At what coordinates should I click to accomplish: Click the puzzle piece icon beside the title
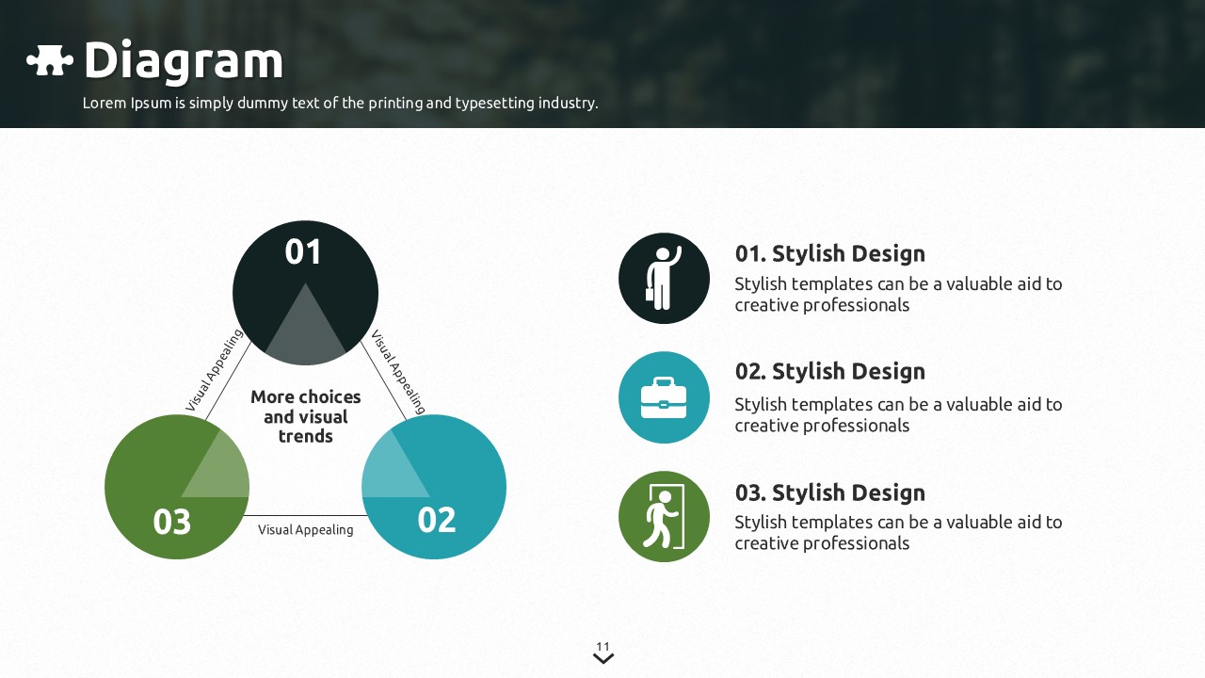tap(50, 61)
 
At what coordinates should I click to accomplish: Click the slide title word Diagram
tap(184, 61)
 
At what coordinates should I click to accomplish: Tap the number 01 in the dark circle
tap(303, 252)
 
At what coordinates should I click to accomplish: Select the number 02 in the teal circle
tap(436, 520)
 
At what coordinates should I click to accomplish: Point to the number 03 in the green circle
tap(171, 522)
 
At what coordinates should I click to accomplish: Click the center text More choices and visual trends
tap(305, 416)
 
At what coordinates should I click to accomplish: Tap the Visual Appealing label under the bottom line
tap(305, 530)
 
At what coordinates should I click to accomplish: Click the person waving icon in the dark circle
tap(664, 279)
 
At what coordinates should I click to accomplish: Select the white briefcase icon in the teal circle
tap(664, 397)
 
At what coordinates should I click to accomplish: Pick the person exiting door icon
tap(664, 517)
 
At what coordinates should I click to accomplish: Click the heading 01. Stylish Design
tap(829, 253)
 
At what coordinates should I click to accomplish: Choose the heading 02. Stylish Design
tap(829, 371)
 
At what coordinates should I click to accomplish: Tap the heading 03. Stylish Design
tap(829, 492)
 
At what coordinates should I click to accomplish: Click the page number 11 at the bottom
tap(603, 646)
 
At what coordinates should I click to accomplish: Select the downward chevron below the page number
tap(603, 659)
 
